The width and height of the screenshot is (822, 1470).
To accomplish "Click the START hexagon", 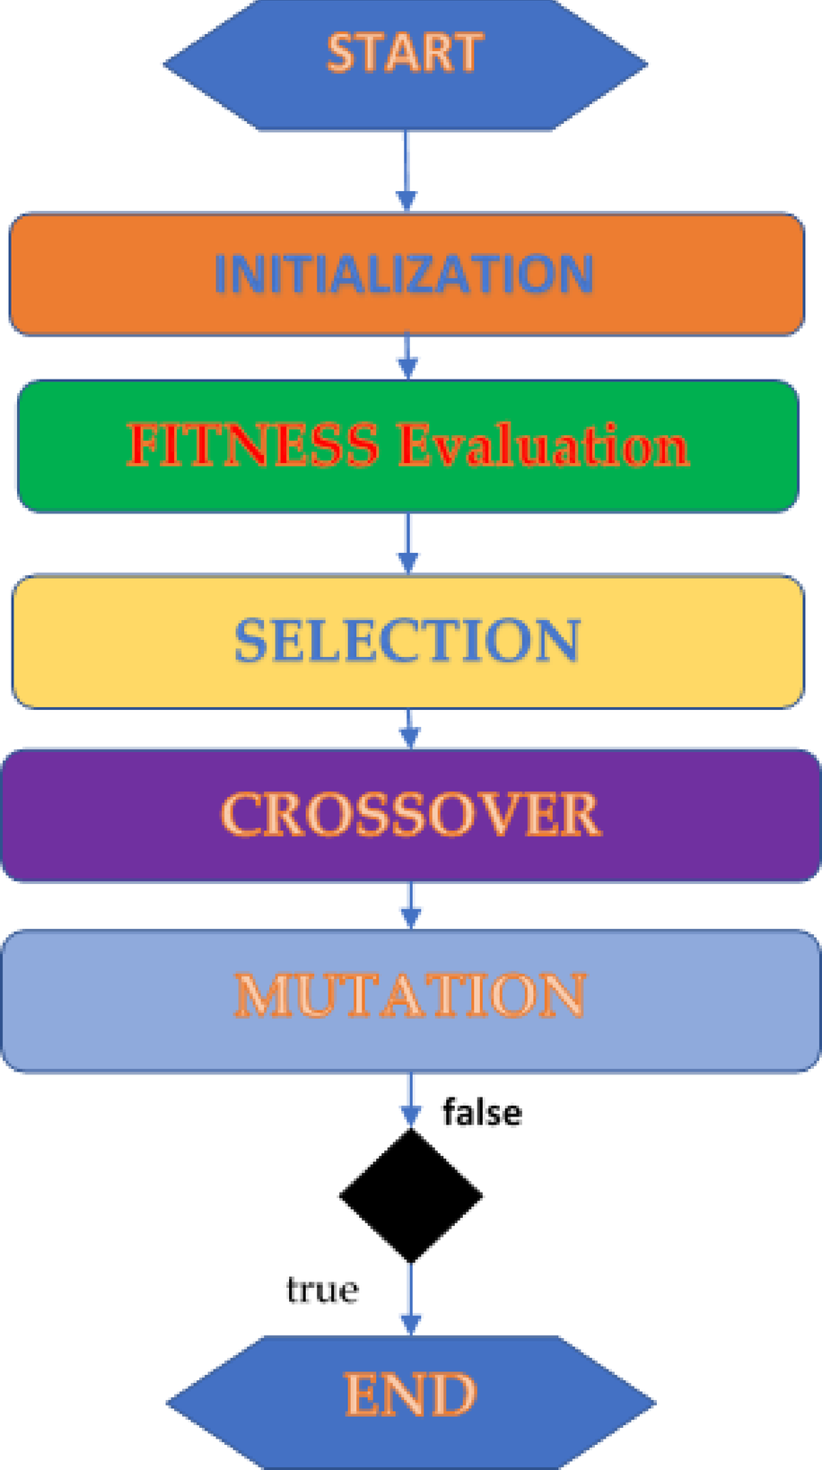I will tap(406, 65).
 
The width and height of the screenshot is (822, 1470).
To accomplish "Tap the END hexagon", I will tap(411, 1401).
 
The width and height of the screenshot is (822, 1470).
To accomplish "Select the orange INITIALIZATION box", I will tap(407, 275).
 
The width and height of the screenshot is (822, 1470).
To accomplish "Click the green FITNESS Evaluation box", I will tap(408, 446).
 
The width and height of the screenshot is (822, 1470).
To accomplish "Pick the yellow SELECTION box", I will tap(408, 641).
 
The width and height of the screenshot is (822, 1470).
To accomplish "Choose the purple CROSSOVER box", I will tap(411, 815).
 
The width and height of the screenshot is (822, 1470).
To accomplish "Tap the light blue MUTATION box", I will tap(411, 1000).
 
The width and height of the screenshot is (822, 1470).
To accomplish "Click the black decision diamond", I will tap(411, 1195).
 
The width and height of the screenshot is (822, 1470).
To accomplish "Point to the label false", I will tap(482, 1113).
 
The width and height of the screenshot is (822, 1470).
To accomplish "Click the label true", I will tap(322, 1291).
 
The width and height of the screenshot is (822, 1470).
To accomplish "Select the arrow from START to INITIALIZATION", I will tap(406, 171).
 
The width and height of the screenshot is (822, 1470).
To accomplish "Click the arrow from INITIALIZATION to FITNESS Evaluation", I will tap(407, 357).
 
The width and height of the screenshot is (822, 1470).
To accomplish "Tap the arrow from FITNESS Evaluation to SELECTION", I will tap(408, 544).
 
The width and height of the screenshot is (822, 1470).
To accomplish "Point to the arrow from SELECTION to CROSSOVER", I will tap(409, 729).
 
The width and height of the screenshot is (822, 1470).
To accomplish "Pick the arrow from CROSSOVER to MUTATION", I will tap(410, 906).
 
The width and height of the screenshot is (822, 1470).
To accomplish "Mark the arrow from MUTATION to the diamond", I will tap(410, 1100).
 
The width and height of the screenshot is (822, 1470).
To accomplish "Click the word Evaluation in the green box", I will tap(544, 446).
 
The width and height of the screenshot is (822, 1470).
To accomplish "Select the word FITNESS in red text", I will tap(253, 446).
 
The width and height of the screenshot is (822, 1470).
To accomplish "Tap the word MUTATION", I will tap(411, 995).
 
